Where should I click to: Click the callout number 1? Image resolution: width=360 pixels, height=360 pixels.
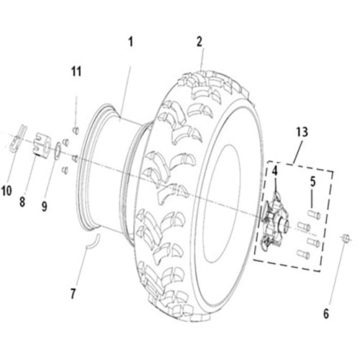(131, 42)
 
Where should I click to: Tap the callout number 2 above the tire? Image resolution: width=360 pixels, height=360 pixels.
(199, 42)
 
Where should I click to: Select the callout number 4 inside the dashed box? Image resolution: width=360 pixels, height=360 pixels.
(274, 171)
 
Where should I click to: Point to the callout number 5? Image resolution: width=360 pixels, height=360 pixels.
(312, 180)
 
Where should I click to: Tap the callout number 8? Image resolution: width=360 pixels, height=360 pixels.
(22, 202)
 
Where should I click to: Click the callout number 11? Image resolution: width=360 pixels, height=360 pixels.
(76, 71)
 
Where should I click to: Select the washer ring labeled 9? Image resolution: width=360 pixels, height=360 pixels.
(55, 150)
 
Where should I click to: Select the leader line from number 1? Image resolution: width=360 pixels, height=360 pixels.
(126, 79)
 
